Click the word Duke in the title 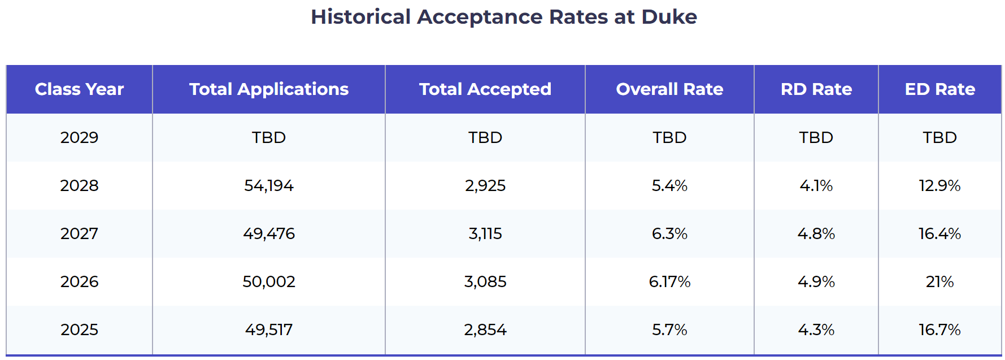pos(669,17)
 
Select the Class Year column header pos(79,89)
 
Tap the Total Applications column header pos(269,89)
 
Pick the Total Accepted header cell pos(485,89)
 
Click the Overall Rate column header pos(669,89)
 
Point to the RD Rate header pos(816,89)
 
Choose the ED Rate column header pos(940,89)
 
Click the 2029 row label pos(79,137)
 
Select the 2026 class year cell pos(79,281)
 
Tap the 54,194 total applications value pos(269,185)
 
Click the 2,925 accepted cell pos(485,185)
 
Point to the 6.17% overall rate pos(669,281)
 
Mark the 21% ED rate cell pos(940,281)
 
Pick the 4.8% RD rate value pos(816,233)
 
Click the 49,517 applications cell pos(269,329)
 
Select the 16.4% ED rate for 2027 pos(940,233)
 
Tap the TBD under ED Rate pos(940,137)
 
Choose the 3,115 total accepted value pos(485,233)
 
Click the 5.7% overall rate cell pos(669,329)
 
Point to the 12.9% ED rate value pos(940,185)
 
